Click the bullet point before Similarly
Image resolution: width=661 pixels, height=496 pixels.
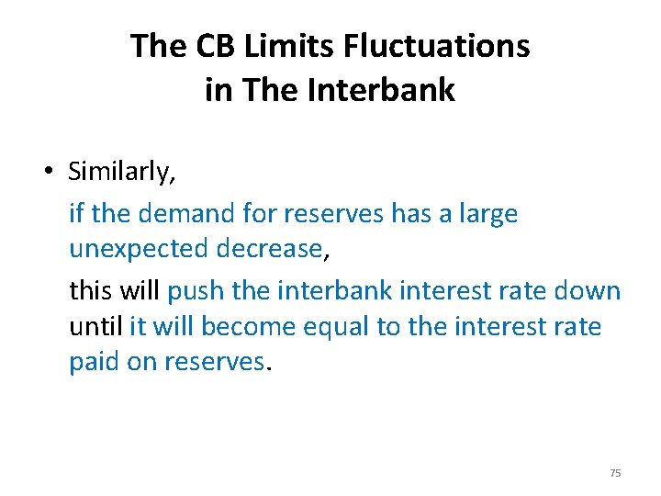pyautogui.click(x=55, y=172)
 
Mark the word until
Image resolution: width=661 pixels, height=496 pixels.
pyautogui.click(x=95, y=327)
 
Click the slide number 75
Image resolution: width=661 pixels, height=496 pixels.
pyautogui.click(x=615, y=473)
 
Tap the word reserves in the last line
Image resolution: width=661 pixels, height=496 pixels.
pyautogui.click(x=214, y=362)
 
